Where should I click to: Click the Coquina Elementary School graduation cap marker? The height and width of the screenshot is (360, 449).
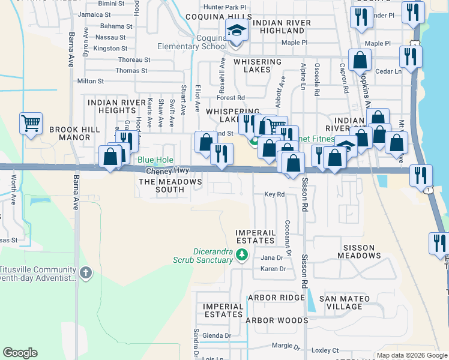click(x=237, y=31)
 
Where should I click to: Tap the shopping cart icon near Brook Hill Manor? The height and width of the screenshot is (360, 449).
click(x=31, y=124)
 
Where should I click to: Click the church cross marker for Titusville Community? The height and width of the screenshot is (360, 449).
click(x=85, y=273)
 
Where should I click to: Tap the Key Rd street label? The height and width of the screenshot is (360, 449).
click(x=274, y=194)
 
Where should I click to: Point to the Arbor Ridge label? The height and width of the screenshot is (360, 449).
click(x=276, y=298)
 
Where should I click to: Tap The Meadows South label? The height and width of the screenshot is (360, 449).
click(x=161, y=185)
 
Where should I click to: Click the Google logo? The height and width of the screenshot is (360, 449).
click(x=20, y=353)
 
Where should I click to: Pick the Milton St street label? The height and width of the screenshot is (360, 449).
click(x=91, y=81)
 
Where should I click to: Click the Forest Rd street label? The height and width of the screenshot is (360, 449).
click(x=231, y=97)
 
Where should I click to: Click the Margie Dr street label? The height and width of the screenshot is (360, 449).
click(x=285, y=346)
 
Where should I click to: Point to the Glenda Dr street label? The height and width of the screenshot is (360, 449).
click(x=217, y=335)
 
